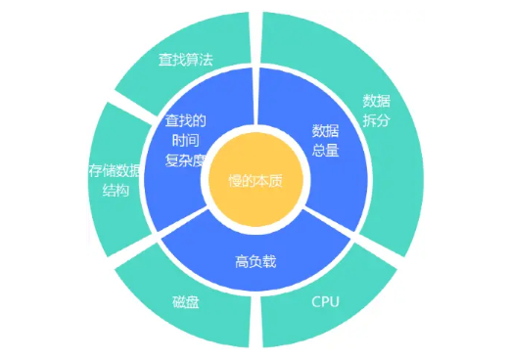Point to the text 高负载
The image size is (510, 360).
coord(256,262)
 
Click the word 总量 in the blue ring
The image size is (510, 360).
coord(325,150)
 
